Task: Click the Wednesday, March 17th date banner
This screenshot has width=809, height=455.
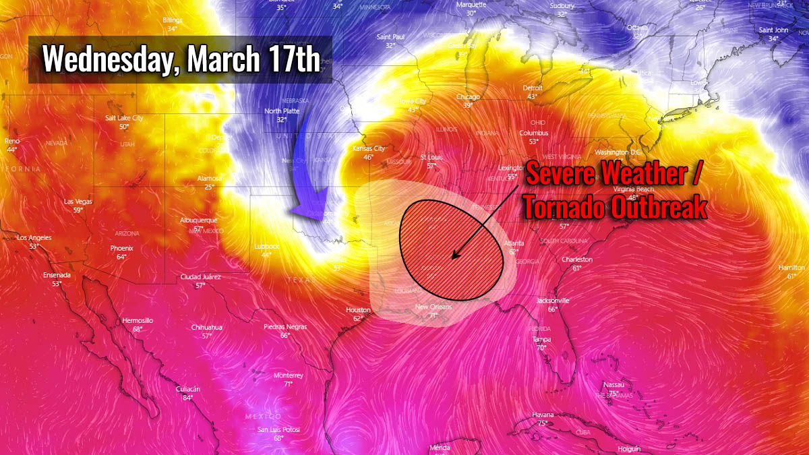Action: tap(181, 59)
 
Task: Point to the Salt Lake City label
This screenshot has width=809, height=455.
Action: tap(124, 118)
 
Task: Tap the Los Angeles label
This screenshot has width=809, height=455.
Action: tap(34, 238)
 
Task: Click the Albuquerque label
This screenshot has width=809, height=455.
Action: tap(198, 220)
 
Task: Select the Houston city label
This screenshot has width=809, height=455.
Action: tap(358, 310)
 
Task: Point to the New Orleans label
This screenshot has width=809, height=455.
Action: tap(433, 307)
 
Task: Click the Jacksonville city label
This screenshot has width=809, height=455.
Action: tap(553, 301)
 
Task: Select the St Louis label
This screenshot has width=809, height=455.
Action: tap(431, 157)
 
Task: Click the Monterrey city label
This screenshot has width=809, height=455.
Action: tap(288, 375)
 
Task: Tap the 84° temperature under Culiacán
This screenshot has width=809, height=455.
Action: tap(187, 398)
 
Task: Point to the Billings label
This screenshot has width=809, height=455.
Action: tap(173, 20)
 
